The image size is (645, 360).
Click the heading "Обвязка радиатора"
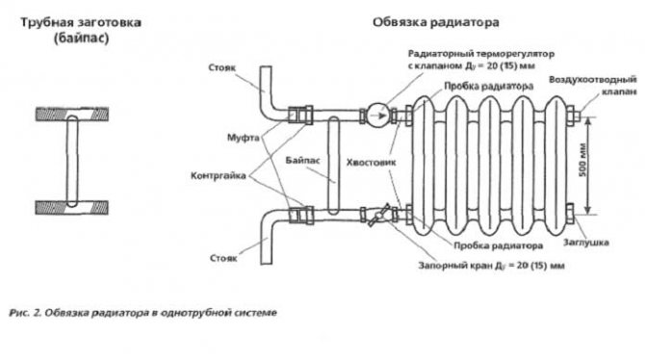point(436,22)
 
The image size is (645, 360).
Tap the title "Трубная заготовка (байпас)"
point(81,30)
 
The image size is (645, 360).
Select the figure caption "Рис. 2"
point(25,313)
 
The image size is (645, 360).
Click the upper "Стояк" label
point(222,68)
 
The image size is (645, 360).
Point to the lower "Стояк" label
point(223,258)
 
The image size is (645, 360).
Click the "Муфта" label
point(244,138)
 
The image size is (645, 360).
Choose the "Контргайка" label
point(218,176)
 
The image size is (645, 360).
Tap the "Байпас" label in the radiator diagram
point(302,160)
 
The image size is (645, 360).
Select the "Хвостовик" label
point(371,162)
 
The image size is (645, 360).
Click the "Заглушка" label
point(585,243)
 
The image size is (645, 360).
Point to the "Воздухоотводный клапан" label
point(593,85)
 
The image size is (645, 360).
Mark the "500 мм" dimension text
point(582,161)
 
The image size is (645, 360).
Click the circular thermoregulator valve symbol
point(377,116)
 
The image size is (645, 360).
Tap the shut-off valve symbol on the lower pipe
point(378,215)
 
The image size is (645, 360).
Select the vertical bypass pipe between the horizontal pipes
point(334,166)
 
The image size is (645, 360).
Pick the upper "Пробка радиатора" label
point(489,87)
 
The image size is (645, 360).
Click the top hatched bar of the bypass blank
point(72,114)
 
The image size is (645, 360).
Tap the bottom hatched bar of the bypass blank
point(72,207)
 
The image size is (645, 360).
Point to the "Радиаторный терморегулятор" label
point(481,54)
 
